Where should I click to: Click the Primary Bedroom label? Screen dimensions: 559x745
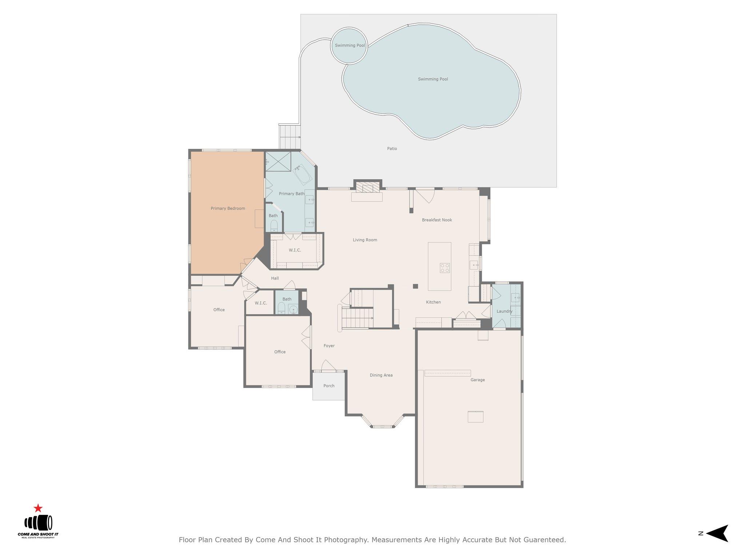click(x=228, y=209)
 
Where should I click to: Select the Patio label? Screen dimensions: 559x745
click(x=392, y=148)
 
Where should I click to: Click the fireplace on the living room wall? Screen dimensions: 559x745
click(x=367, y=188)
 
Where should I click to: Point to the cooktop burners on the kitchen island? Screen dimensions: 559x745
click(x=445, y=268)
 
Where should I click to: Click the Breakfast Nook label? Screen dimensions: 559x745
click(x=437, y=220)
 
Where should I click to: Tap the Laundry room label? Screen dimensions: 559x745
click(x=504, y=311)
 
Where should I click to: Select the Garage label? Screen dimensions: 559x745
click(x=477, y=380)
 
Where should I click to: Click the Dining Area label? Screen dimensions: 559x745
click(x=381, y=375)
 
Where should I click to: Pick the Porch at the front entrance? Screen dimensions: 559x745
click(x=329, y=386)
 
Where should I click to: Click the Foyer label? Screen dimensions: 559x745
click(x=329, y=346)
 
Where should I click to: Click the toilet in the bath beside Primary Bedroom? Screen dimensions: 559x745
click(x=274, y=227)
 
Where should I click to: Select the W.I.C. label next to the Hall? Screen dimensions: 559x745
click(x=260, y=303)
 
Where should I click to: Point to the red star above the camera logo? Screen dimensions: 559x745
click(x=38, y=508)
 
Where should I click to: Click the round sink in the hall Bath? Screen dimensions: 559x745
click(x=293, y=310)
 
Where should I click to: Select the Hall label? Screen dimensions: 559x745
click(x=275, y=278)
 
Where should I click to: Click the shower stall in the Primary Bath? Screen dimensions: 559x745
click(x=278, y=161)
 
